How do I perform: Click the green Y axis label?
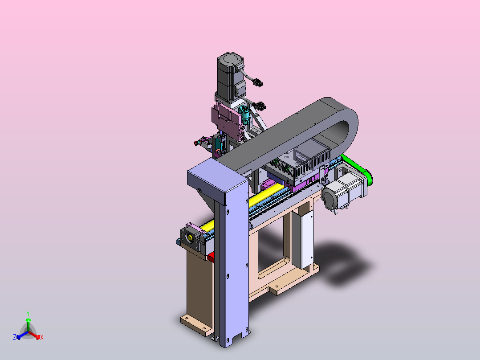tap(28, 313)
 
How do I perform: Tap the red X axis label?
tap(42, 337)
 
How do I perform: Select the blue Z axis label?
tap(15, 337)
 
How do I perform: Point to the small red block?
tap(211, 257)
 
